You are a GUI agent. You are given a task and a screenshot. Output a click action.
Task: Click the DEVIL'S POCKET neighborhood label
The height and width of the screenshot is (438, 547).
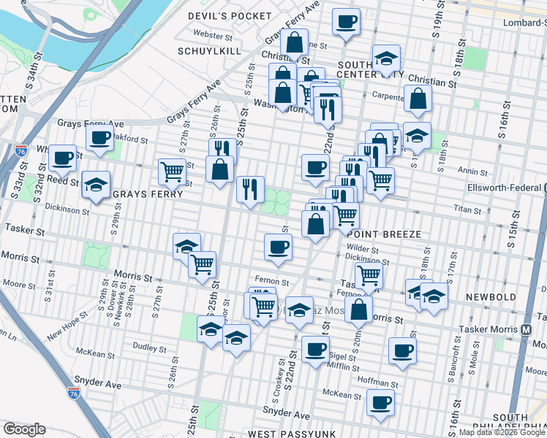[x=219, y=15]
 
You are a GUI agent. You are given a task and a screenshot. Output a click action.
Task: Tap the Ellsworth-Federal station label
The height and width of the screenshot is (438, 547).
[x=505, y=188]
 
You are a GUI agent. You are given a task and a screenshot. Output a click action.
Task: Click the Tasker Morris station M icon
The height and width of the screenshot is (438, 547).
[x=527, y=329]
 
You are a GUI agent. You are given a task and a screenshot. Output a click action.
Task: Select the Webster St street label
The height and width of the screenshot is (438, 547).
[x=213, y=35]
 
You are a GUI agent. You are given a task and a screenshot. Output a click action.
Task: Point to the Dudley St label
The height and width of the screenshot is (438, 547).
[x=151, y=347]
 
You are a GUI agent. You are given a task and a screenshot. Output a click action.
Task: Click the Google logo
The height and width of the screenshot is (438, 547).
[x=25, y=429]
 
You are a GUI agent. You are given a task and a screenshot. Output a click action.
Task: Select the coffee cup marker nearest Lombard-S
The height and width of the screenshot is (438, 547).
[x=346, y=21]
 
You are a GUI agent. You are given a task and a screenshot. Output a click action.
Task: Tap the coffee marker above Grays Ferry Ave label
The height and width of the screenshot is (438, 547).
[x=99, y=137]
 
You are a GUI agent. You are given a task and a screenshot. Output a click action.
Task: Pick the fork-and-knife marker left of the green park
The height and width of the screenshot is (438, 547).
[x=250, y=189]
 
